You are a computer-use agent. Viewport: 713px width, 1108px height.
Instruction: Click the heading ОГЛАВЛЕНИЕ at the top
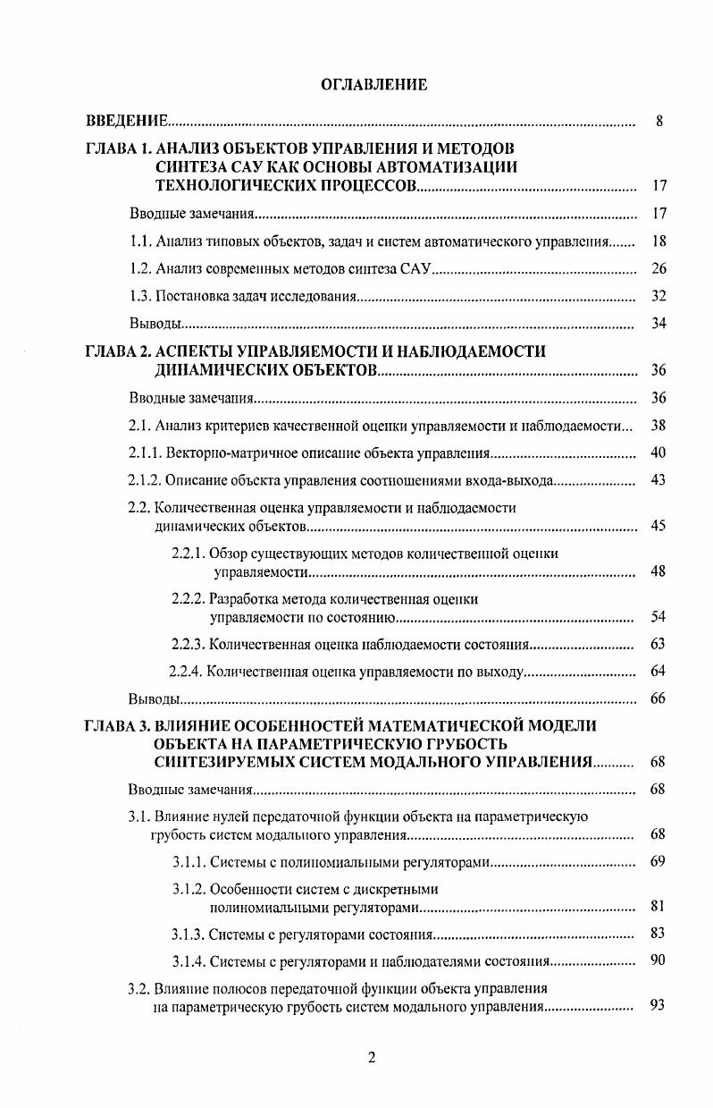pos(373,85)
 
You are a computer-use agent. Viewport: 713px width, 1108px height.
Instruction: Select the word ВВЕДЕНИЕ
pos(127,121)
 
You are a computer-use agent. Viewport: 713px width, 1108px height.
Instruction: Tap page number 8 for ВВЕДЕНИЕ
pos(658,121)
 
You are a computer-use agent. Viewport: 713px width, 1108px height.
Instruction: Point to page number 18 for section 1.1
pos(658,241)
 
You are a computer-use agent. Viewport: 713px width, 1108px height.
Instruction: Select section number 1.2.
pos(140,269)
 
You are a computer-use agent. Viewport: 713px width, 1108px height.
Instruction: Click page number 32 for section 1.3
pos(658,296)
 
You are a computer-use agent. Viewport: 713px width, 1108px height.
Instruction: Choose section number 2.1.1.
pos(147,453)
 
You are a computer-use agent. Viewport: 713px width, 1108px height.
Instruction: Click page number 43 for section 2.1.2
pos(658,480)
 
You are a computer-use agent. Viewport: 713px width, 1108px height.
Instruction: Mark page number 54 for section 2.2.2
pos(658,616)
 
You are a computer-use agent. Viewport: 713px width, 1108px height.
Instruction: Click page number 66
pos(658,698)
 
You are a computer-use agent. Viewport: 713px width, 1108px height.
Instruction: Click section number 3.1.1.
pos(189,861)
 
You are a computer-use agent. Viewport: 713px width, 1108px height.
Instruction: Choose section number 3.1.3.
pos(189,935)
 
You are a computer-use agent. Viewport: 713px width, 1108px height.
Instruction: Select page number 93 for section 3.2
pos(658,1005)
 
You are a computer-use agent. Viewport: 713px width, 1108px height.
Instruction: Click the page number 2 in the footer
pos(372,1058)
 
